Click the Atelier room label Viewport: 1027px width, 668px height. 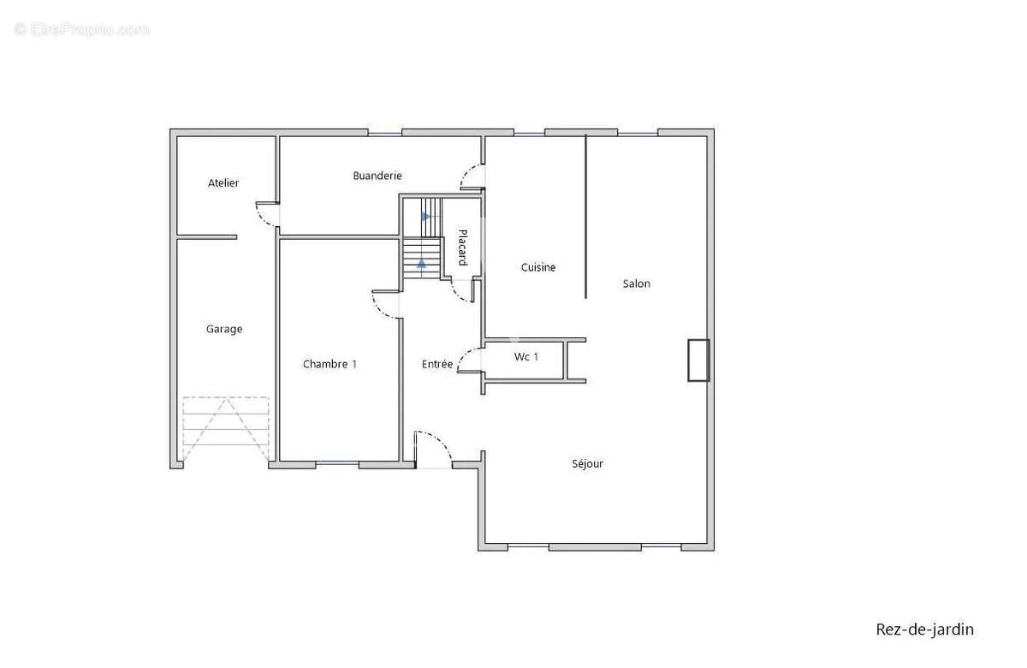(223, 183)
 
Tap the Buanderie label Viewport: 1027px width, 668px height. (377, 176)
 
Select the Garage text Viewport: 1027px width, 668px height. (224, 330)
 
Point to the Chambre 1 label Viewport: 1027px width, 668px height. (329, 364)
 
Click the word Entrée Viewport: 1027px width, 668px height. (437, 364)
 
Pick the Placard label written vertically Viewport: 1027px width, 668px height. (463, 248)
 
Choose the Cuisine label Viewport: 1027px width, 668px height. (538, 267)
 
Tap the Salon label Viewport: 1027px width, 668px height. (637, 284)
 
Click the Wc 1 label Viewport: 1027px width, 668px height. (526, 357)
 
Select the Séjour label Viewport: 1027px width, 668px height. (587, 464)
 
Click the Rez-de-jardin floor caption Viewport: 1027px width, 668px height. (925, 629)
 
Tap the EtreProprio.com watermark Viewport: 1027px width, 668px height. (81, 30)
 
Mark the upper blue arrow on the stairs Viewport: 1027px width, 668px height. (426, 216)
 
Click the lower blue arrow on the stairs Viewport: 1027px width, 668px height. (421, 264)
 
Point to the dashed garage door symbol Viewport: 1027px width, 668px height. (226, 429)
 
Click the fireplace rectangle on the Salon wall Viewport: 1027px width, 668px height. (698, 361)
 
